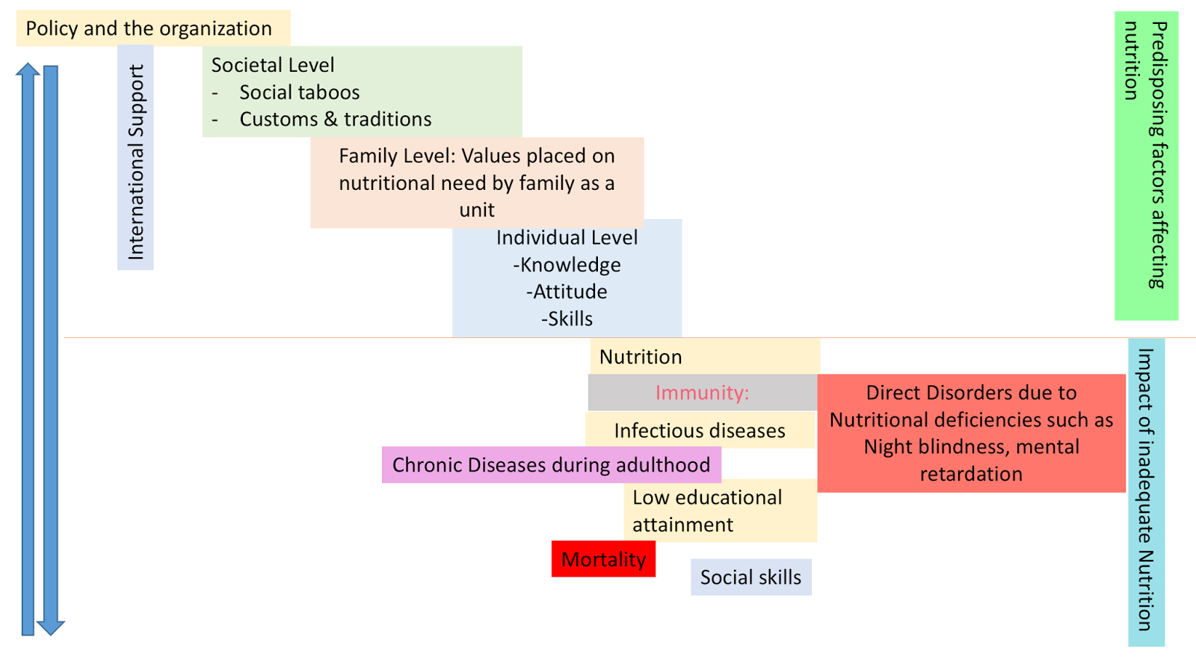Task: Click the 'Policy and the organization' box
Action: (x=153, y=28)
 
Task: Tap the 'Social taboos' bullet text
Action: (x=299, y=93)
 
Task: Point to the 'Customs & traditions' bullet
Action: (x=335, y=120)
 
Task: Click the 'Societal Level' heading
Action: (x=273, y=65)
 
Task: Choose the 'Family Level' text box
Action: (x=477, y=182)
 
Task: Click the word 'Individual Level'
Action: (x=567, y=238)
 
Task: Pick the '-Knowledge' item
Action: (x=567, y=265)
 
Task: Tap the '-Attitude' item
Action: (x=567, y=292)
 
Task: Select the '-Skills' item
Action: (x=567, y=319)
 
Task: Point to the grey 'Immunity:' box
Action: (x=702, y=393)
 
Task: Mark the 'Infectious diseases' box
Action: (x=700, y=431)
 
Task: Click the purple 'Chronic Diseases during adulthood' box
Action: (x=551, y=465)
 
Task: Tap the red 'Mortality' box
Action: (x=603, y=559)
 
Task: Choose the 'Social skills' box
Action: (x=750, y=577)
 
